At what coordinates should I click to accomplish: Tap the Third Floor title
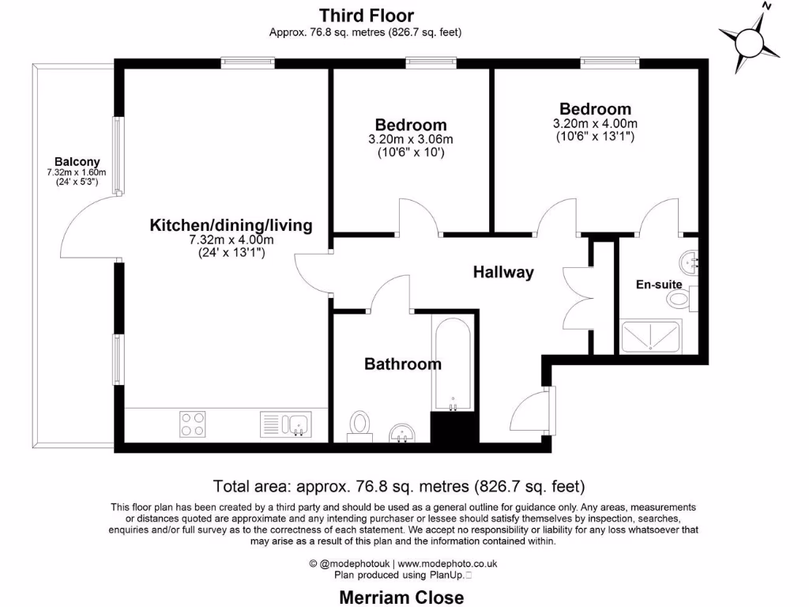pyautogui.click(x=366, y=14)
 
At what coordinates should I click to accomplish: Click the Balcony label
pyautogui.click(x=77, y=161)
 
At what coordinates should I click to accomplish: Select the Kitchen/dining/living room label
pyautogui.click(x=231, y=225)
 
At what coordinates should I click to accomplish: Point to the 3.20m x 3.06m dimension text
pyautogui.click(x=411, y=140)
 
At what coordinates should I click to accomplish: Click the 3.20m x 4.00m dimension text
pyautogui.click(x=595, y=124)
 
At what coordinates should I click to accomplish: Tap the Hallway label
pyautogui.click(x=503, y=272)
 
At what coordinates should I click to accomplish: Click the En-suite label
pyautogui.click(x=659, y=284)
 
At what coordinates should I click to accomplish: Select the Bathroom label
pyautogui.click(x=402, y=364)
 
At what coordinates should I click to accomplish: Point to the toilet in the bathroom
pyautogui.click(x=360, y=424)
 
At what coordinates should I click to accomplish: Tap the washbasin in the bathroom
pyautogui.click(x=404, y=432)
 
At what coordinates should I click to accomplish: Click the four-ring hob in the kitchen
pyautogui.click(x=194, y=424)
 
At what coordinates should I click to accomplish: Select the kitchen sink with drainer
pyautogui.click(x=285, y=424)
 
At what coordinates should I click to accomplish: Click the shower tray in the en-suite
pyautogui.click(x=651, y=336)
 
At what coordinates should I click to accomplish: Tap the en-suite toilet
pyautogui.click(x=679, y=299)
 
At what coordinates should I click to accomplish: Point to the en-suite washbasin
pyautogui.click(x=690, y=259)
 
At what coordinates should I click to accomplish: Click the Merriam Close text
pyautogui.click(x=401, y=597)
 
